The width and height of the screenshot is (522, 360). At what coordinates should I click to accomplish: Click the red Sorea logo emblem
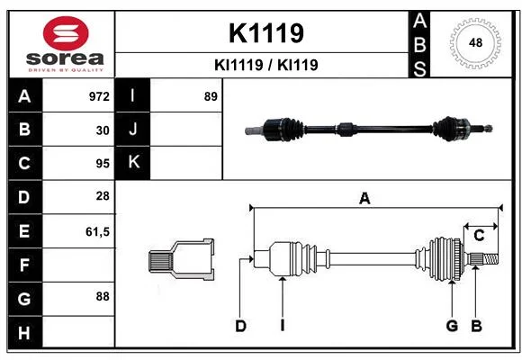click(66, 33)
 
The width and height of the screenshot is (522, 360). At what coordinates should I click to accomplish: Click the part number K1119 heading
click(266, 33)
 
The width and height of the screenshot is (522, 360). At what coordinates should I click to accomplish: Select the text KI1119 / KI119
click(266, 65)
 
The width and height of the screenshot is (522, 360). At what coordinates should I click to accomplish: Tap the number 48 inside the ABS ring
click(475, 42)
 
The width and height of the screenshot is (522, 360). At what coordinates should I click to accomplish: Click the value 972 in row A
click(99, 96)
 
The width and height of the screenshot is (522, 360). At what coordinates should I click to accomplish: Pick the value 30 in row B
click(103, 130)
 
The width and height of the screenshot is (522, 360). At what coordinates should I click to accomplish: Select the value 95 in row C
click(103, 164)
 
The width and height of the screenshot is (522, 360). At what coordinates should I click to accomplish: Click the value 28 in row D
click(103, 196)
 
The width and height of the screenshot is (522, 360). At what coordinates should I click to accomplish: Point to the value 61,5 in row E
click(97, 232)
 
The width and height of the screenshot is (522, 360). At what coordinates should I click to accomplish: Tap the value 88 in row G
click(103, 296)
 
